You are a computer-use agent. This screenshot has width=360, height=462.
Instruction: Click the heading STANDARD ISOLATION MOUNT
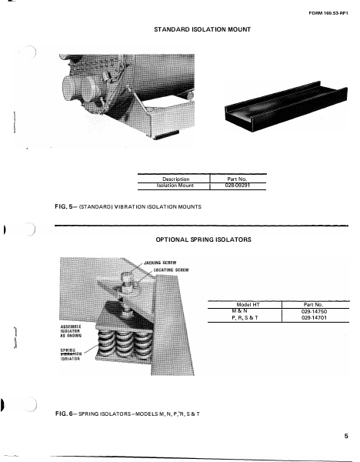pos(203,29)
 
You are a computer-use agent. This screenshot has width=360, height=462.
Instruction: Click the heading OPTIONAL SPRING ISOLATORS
pos(203,239)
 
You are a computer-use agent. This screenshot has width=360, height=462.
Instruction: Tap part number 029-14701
pos(317,317)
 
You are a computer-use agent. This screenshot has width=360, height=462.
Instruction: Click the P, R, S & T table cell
pos(245,317)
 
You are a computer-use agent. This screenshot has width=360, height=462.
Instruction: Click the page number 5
pos(347,437)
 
